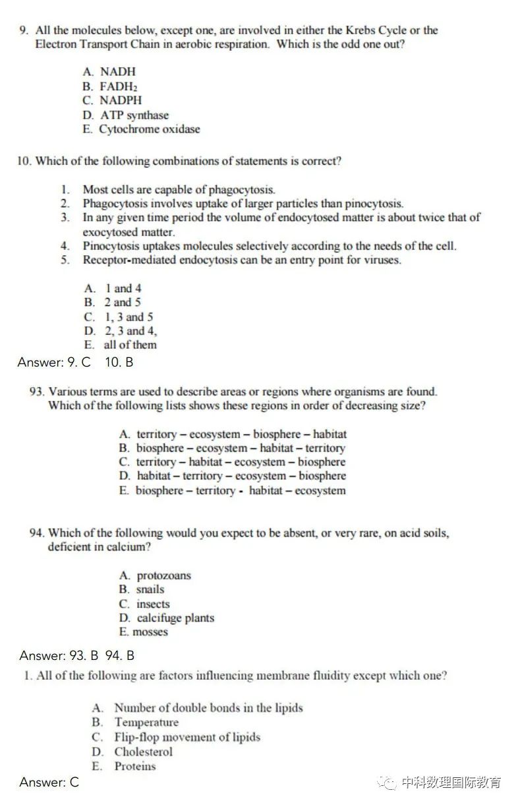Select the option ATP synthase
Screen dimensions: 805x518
click(125, 115)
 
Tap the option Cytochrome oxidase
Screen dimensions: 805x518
click(141, 129)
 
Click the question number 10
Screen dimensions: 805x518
click(25, 161)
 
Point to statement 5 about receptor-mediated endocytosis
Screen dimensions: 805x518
click(241, 260)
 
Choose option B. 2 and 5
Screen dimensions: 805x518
click(113, 303)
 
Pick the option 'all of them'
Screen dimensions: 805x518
click(121, 345)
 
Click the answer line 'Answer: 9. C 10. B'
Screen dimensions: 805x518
click(75, 362)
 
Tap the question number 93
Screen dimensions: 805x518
click(37, 392)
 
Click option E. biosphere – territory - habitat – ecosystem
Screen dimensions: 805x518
click(232, 491)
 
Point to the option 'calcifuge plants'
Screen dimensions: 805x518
click(167, 618)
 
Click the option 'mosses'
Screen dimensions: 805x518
click(144, 632)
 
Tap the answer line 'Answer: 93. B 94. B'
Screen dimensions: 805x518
click(77, 655)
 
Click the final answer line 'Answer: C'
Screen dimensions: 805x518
click(49, 783)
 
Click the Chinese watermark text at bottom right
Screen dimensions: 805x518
click(451, 783)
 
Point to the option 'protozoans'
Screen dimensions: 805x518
click(155, 576)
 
